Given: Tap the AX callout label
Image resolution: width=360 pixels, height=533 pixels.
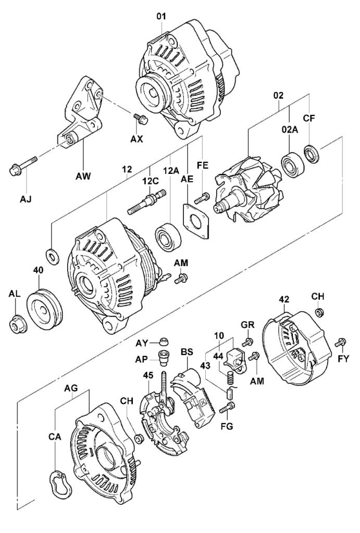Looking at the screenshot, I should pos(137,139).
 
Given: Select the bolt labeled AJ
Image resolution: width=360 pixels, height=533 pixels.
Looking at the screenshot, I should pos(20,165).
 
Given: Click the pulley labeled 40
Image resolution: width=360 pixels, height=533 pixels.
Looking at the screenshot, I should pos(44,307).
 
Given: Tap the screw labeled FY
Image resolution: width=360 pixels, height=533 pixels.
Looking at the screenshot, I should pos(341,342).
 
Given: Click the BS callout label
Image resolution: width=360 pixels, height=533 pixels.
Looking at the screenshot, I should pos(186,352).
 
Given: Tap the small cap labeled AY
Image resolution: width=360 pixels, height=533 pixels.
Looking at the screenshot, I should pos(165,341).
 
